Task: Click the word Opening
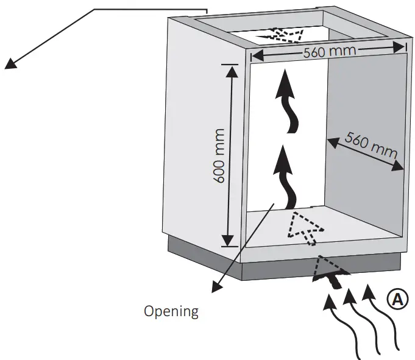[x=171, y=311]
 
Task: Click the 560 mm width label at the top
[x=330, y=51]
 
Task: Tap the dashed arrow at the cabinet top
[x=281, y=34]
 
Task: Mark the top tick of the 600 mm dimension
[x=230, y=63]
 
